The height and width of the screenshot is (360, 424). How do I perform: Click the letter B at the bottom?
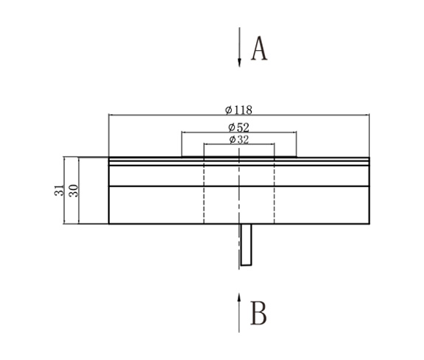click(258, 313)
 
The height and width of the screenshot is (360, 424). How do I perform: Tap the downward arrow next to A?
click(239, 48)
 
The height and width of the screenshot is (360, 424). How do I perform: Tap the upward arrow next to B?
click(239, 313)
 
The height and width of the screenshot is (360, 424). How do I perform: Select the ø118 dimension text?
click(239, 110)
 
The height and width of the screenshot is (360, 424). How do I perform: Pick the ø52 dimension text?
click(239, 127)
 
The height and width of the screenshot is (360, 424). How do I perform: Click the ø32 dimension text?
click(239, 139)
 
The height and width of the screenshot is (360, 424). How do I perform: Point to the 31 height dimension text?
click(58, 190)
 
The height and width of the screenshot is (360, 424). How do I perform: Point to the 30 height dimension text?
click(73, 190)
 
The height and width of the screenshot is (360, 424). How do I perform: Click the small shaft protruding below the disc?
click(247, 244)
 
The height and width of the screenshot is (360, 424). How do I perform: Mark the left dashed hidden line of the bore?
click(203, 191)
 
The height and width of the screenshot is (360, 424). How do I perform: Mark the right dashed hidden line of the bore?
click(275, 191)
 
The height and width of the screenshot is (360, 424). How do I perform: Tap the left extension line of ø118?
click(108, 136)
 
